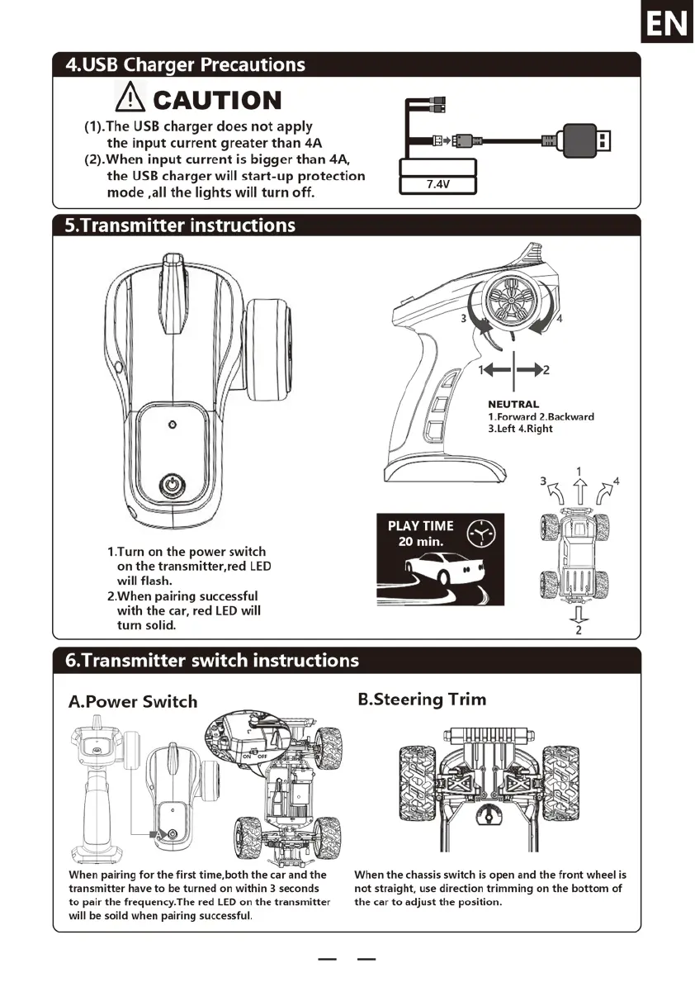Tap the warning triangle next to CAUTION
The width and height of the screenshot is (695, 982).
130,100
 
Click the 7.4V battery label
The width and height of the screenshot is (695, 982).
437,184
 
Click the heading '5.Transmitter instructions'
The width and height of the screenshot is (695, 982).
180,225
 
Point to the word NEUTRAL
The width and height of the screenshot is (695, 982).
513,405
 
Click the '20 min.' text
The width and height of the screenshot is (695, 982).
421,542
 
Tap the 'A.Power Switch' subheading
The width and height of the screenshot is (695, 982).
133,702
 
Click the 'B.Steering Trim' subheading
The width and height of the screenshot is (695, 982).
422,700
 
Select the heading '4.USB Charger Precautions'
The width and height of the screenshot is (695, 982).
185,64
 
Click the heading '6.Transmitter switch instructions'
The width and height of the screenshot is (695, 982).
212,660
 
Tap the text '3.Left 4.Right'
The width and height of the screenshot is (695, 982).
520,429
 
